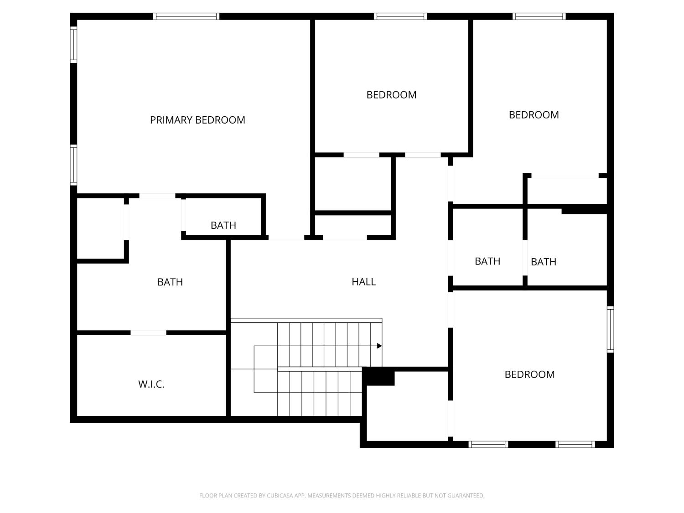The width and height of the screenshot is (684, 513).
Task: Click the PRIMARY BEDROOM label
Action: (x=197, y=120)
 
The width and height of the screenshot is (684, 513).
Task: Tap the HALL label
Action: (x=363, y=282)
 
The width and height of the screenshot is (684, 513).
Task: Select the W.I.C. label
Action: (x=151, y=384)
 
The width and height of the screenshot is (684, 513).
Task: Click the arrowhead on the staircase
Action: (x=379, y=346)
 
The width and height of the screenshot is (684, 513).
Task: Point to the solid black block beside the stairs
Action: (x=378, y=376)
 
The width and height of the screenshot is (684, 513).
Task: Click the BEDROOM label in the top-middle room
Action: (x=391, y=95)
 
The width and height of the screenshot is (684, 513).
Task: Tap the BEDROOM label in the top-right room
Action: (x=534, y=115)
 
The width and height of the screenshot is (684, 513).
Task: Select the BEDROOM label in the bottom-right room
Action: (x=529, y=374)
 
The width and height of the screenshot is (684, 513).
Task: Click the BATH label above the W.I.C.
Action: (x=170, y=282)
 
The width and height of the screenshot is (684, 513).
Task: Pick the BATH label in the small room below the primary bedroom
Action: (x=223, y=225)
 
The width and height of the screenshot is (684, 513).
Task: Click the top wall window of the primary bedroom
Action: (x=186, y=16)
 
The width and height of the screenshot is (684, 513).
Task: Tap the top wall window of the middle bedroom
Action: (x=400, y=16)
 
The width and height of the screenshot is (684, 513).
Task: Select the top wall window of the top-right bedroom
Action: (x=539, y=16)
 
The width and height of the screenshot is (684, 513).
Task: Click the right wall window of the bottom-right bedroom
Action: (x=611, y=330)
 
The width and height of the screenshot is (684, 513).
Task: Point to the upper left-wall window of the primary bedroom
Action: (x=73, y=45)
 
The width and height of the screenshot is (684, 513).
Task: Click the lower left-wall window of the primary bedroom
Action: (x=73, y=165)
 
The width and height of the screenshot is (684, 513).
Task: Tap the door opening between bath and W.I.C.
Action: (x=148, y=333)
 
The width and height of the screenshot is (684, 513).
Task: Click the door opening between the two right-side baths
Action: (x=525, y=258)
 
